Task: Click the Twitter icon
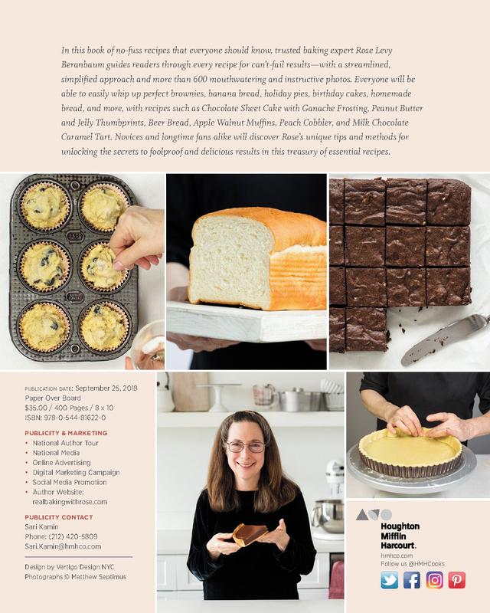point(389,580)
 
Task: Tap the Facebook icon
point(411,580)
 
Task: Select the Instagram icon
point(434,580)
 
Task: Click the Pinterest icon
point(456,580)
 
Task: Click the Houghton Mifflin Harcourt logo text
point(400,536)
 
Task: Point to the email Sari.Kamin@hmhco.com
point(63,546)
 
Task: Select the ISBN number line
point(65,418)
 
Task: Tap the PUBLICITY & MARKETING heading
point(66,433)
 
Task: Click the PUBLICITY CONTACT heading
point(59,516)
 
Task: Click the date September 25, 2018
point(106,388)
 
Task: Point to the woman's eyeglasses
point(246,447)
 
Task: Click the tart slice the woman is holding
point(250,533)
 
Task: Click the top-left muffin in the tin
point(44,206)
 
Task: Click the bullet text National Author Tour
point(66,443)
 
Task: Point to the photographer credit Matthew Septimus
point(99,577)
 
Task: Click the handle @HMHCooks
point(426,564)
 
